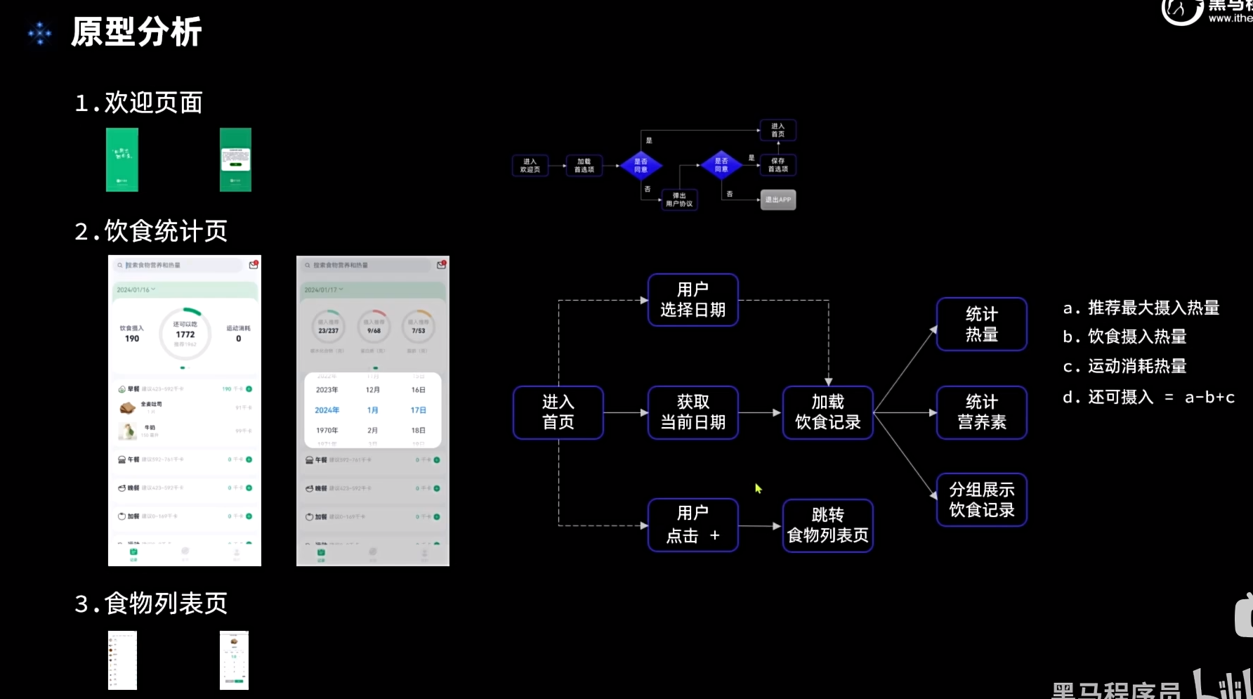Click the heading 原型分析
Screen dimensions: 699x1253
136,32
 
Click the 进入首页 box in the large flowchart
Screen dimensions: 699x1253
558,412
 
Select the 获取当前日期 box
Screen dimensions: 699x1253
693,412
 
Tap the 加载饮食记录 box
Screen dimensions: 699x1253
827,412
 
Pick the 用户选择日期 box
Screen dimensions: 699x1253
693,300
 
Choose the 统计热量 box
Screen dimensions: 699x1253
981,324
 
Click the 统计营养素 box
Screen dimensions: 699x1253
981,412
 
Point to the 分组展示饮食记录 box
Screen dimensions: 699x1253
981,499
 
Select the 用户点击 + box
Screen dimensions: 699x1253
693,525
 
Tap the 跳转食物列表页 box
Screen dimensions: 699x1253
827,525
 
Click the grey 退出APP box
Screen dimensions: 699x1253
778,200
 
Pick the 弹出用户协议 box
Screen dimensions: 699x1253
679,200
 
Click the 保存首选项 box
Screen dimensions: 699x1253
778,165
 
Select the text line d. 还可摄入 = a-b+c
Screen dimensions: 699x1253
1148,398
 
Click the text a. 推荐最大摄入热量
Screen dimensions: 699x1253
1141,308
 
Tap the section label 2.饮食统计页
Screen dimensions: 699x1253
151,231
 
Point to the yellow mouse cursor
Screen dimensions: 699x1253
758,488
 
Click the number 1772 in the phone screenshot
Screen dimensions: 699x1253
185,334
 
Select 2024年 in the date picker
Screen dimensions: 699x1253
327,410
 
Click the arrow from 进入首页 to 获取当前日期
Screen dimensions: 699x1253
625,412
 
